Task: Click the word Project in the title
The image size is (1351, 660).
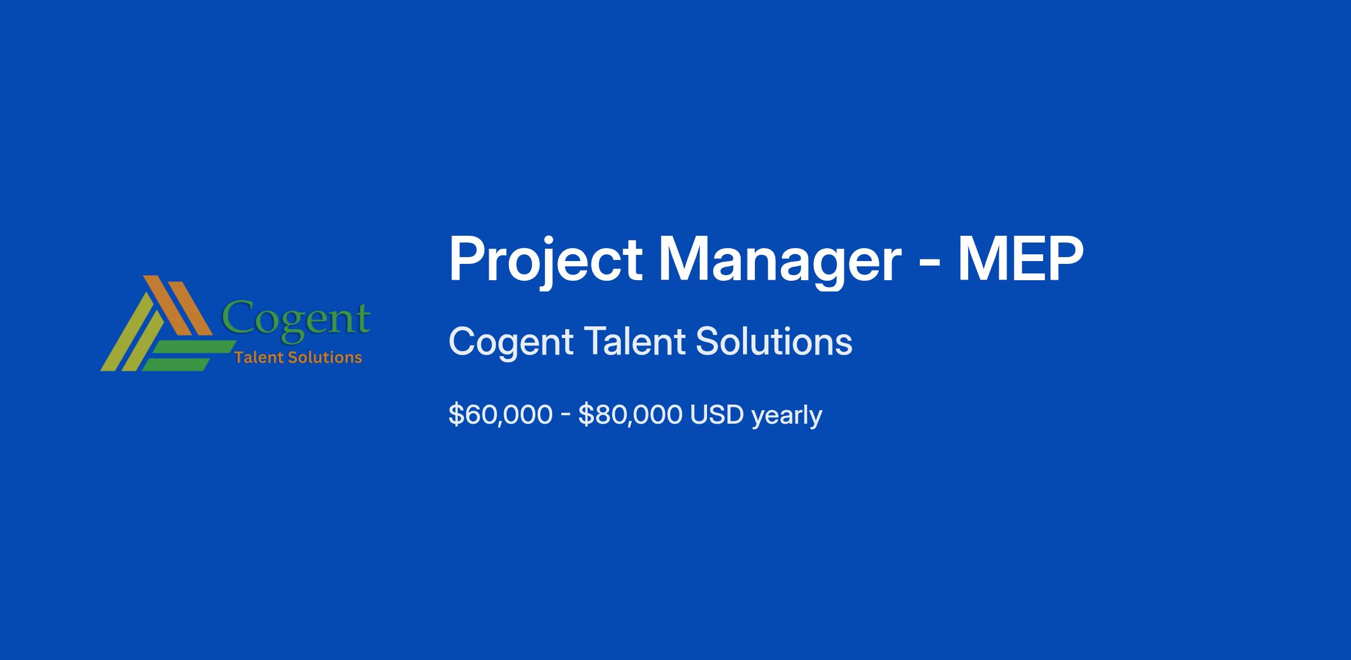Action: [545, 261]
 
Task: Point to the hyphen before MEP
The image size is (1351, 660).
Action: [929, 263]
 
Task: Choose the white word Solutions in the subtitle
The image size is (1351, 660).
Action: [775, 341]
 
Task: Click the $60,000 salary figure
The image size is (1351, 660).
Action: [500, 415]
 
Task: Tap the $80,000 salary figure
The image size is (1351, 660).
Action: [630, 415]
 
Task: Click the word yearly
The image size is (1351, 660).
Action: [786, 416]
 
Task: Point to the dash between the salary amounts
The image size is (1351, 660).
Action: [566, 416]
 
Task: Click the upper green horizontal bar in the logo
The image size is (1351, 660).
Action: [194, 348]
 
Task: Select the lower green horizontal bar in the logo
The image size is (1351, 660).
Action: [176, 365]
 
